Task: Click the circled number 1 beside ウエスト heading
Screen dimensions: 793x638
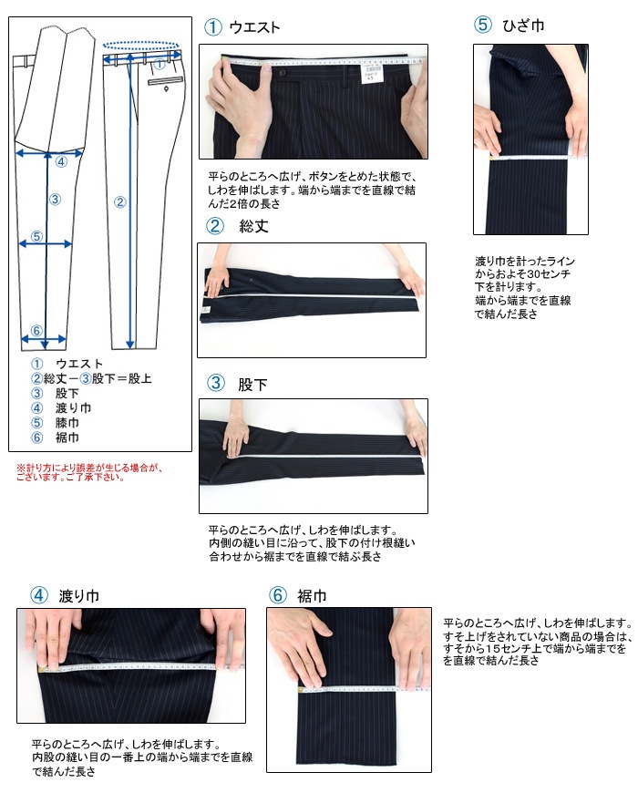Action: point(212,27)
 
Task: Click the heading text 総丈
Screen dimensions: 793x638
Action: point(252,226)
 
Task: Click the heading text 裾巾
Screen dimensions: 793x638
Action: point(312,596)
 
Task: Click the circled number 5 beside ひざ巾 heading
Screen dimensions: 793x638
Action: point(483,26)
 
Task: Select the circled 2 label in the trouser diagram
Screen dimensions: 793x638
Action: point(119,202)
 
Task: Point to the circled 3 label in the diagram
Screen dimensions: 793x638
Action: point(55,199)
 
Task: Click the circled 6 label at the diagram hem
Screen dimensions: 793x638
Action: point(36,330)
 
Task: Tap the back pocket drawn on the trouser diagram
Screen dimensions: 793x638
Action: point(165,83)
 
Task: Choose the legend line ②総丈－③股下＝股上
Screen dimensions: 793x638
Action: point(91,378)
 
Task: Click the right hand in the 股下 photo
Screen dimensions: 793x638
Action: point(415,434)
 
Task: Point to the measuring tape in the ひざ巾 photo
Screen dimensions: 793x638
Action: point(530,158)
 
